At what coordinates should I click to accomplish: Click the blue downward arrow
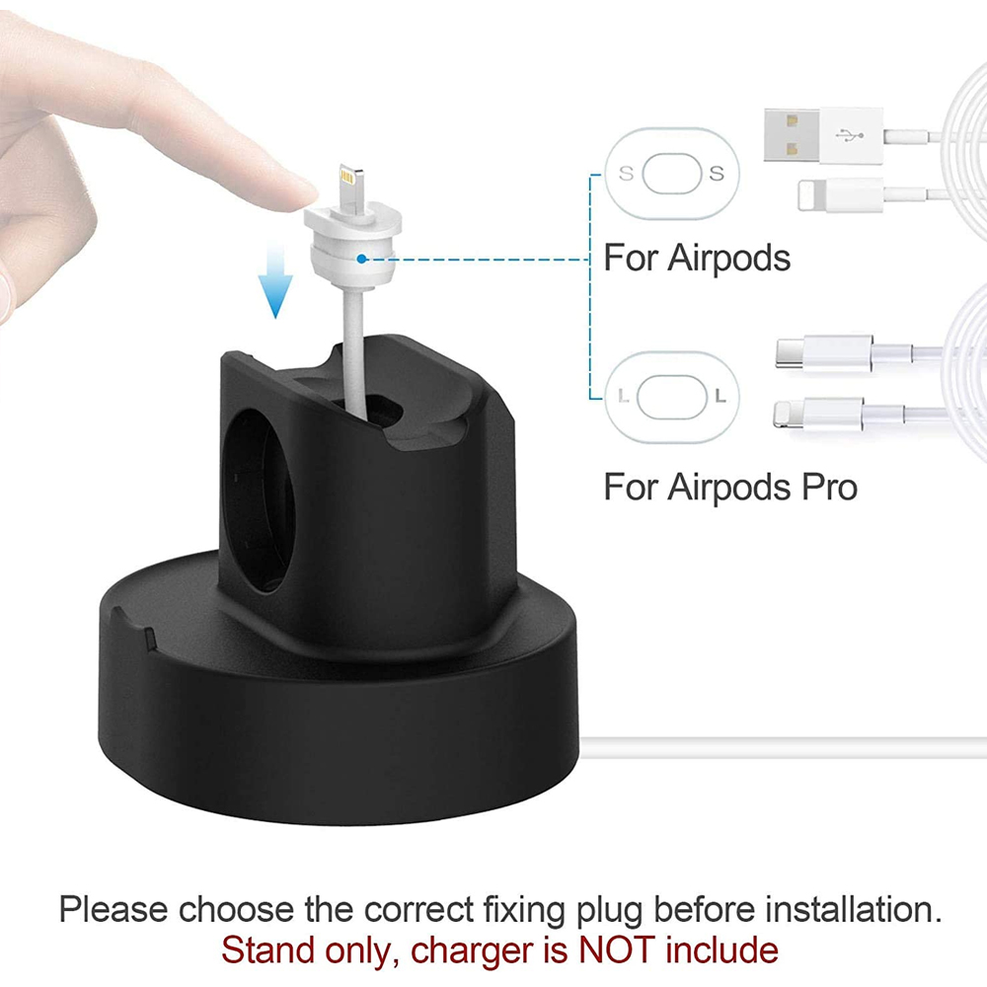click(275, 280)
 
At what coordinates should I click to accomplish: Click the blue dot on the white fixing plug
click(361, 259)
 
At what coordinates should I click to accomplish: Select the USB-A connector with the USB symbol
click(823, 134)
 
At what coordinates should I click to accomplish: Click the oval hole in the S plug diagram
click(671, 173)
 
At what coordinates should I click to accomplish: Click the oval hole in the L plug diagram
click(671, 397)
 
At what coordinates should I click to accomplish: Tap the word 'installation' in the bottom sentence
click(853, 910)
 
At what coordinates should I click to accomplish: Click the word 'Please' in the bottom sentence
click(114, 910)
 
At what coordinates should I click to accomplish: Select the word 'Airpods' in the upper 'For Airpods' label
click(728, 258)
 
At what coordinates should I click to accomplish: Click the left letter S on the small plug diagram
click(626, 173)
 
